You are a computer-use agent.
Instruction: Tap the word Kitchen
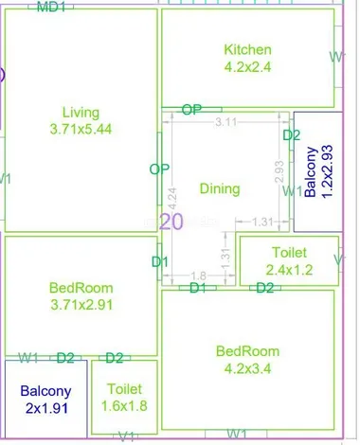coord(247,49)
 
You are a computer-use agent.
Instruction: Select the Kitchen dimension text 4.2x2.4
coord(247,66)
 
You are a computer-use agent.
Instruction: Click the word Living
coord(81,111)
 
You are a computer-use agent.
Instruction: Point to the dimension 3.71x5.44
coord(81,129)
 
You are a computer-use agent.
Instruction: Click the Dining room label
coord(220,188)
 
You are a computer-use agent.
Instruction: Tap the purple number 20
coord(171,222)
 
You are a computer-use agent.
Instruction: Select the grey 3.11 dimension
coord(226,122)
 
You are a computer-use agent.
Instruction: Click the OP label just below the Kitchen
coord(191,110)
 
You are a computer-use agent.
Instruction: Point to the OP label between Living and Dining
coord(159,169)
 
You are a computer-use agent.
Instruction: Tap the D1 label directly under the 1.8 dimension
coord(197,288)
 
